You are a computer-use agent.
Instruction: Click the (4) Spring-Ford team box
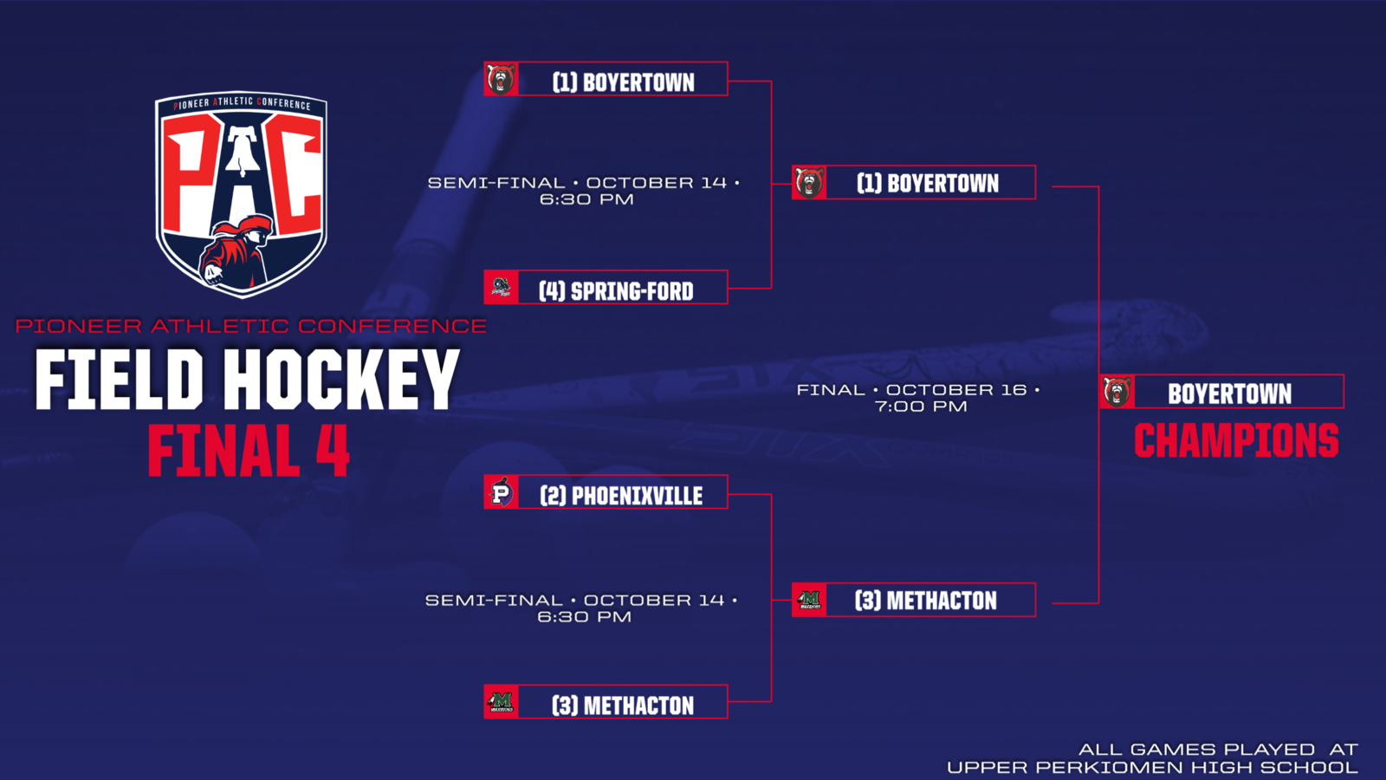[606, 287]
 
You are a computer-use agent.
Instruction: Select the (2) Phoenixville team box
[606, 492]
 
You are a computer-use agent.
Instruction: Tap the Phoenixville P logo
[502, 492]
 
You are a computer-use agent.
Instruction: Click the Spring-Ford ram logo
[502, 287]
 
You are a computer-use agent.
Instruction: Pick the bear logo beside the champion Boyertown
[1117, 391]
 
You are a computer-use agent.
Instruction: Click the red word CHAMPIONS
[1236, 441]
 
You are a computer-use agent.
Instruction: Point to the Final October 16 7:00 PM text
[919, 398]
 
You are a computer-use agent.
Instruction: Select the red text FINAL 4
[249, 450]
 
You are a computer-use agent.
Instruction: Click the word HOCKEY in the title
[341, 379]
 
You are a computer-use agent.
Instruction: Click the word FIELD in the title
[119, 379]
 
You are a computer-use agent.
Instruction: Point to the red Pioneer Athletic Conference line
[250, 326]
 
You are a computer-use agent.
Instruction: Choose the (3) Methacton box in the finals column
[914, 600]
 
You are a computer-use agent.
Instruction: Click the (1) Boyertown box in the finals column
[914, 183]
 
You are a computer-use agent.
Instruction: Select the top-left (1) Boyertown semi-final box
[606, 79]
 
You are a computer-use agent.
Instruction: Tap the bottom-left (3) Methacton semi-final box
[606, 702]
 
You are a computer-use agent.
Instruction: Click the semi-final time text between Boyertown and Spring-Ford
[584, 191]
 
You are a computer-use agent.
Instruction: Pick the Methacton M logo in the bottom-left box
[502, 702]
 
